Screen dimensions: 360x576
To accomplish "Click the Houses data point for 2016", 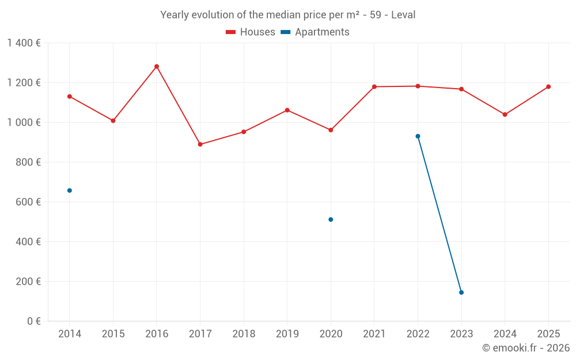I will (157, 66).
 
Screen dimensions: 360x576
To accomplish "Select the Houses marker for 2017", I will (200, 144).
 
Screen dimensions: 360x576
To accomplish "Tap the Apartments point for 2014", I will (70, 190).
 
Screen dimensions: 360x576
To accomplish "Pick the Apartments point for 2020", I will (331, 219).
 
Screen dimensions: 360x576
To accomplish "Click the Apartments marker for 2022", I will (418, 136).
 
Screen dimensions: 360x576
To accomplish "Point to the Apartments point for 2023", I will (461, 293).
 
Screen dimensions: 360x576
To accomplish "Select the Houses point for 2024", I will (505, 115).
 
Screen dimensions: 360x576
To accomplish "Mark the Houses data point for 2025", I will (548, 86).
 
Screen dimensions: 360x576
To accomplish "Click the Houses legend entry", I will (251, 32).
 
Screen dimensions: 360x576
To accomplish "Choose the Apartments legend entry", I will (316, 32).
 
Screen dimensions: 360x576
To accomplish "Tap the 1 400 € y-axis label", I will (24, 43).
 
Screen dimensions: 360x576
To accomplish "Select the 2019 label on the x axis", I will (287, 334).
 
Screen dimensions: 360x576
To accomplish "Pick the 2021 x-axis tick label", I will (374, 334).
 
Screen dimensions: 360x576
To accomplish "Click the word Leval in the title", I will (403, 15).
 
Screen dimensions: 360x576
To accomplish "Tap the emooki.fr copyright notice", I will (526, 348).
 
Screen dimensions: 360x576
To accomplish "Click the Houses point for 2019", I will (287, 110).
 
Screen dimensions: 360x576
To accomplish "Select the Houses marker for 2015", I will (113, 120).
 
